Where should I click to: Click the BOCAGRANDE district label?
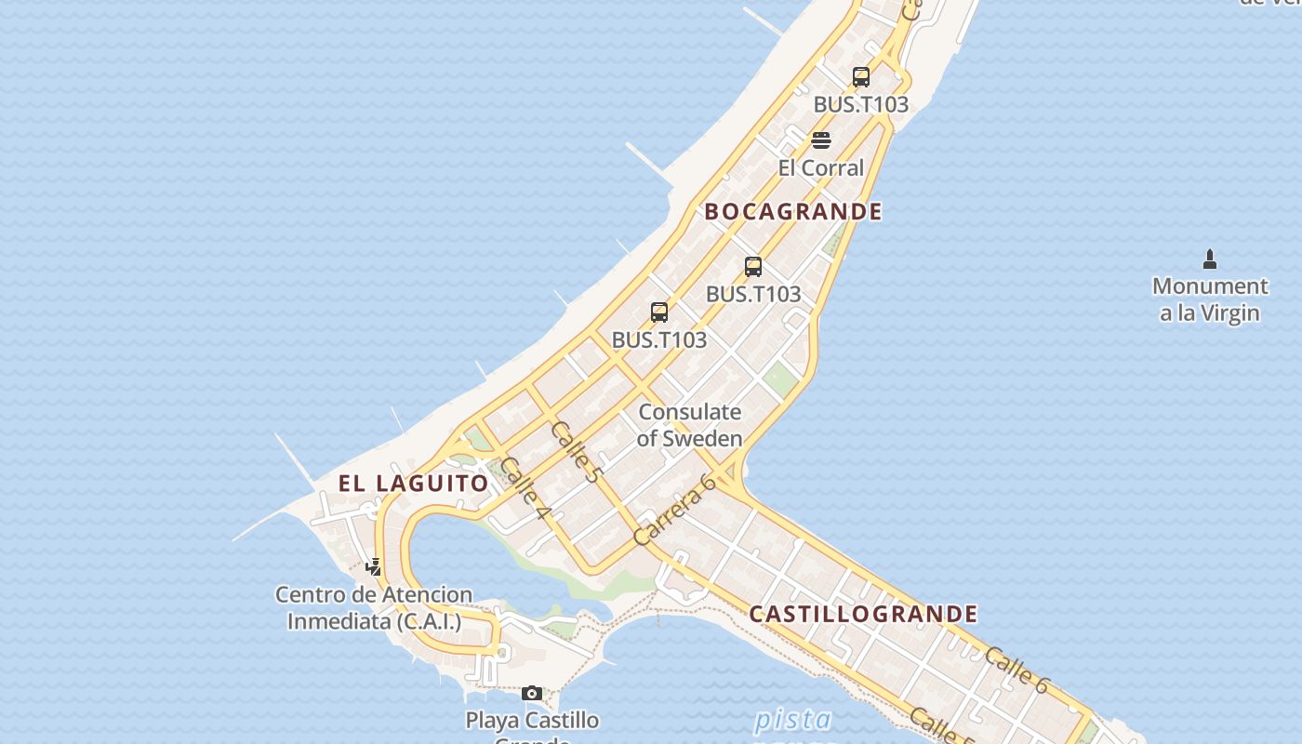tap(792, 212)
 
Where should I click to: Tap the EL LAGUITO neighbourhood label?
tap(413, 484)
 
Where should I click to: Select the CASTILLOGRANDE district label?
tap(863, 614)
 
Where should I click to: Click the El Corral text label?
tap(821, 168)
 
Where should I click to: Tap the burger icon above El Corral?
tap(821, 140)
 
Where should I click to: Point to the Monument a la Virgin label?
tap(1210, 299)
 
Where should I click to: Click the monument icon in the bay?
tap(1210, 259)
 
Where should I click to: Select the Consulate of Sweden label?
tap(689, 425)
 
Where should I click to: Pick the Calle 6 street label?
tap(1016, 670)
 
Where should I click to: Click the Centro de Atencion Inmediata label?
tap(374, 608)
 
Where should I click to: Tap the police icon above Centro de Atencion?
tap(374, 566)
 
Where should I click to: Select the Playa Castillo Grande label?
tap(532, 721)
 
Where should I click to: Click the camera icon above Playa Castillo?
tap(532, 693)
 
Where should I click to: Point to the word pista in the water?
tap(792, 719)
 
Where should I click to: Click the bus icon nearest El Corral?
tap(861, 77)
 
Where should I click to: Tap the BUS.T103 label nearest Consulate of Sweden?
tap(659, 340)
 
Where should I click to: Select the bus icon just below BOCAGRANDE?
tap(753, 267)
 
